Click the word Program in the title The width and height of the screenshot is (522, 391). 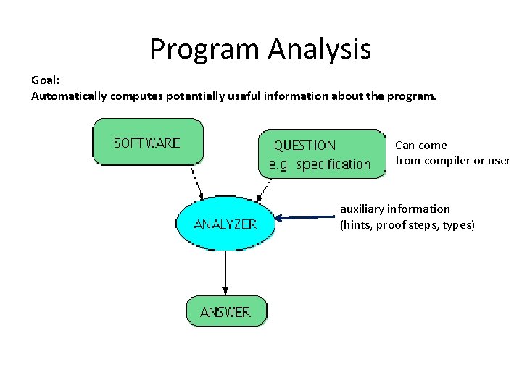tap(205, 49)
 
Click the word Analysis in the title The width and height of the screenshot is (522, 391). tap(319, 49)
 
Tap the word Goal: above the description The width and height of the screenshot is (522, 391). tap(46, 80)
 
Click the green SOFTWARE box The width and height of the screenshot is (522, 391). tap(147, 142)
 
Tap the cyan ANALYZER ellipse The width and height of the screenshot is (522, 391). tap(225, 224)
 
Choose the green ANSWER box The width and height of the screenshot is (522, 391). tap(225, 311)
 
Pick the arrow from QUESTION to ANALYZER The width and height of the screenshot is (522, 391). tap(265, 188)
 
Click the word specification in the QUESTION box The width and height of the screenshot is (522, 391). tap(333, 164)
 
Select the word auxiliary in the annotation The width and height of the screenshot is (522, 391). tap(362, 209)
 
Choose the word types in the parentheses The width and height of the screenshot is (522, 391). tap(457, 225)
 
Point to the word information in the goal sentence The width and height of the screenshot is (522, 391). tap(298, 96)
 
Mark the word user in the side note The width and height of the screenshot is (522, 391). tap(499, 161)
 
